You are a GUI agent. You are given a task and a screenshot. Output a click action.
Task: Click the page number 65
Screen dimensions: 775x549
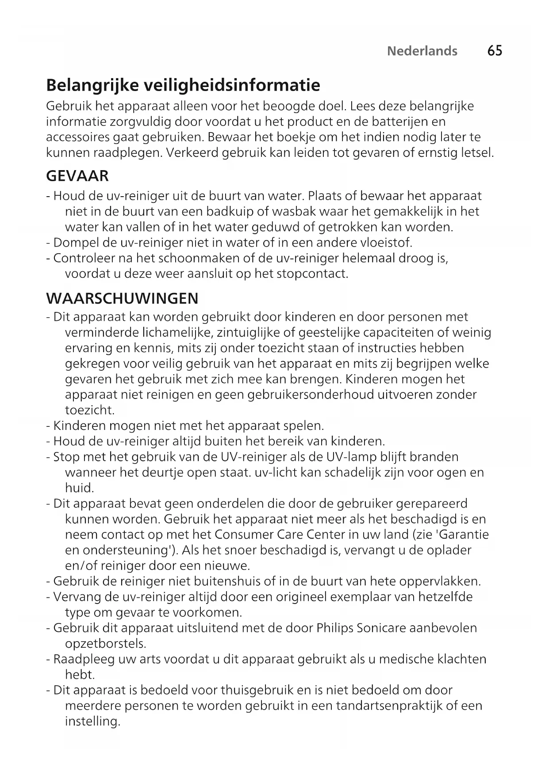click(x=495, y=51)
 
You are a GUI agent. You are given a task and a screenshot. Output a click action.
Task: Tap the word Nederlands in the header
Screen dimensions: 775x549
click(x=422, y=51)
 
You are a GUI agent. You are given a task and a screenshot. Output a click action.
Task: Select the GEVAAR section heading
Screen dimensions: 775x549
click(x=77, y=176)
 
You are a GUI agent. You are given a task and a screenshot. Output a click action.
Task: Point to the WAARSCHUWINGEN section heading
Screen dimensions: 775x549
click(x=122, y=298)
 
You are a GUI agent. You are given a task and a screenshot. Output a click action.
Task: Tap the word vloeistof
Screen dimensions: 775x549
click(x=386, y=243)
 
